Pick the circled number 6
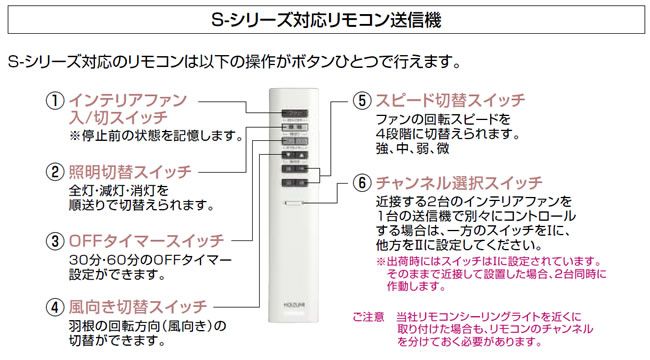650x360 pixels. [362, 184]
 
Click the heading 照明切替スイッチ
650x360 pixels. [129, 172]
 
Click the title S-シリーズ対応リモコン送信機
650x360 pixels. [325, 18]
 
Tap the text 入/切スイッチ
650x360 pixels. [111, 118]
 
